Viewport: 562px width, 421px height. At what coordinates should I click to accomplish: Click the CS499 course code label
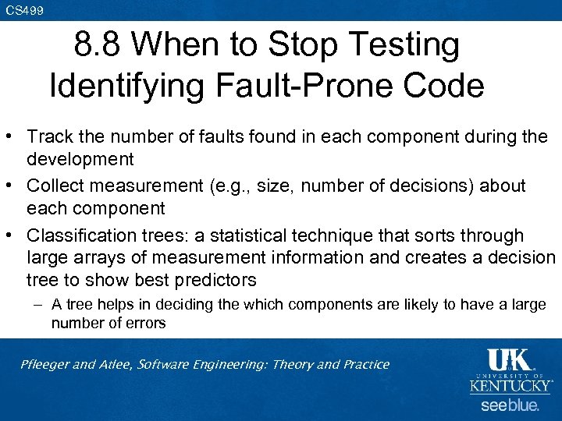[24, 9]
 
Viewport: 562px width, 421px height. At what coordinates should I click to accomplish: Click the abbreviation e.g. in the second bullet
[239, 186]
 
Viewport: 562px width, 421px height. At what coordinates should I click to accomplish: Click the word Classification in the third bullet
[76, 236]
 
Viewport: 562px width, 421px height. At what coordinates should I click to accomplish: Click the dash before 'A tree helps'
[37, 305]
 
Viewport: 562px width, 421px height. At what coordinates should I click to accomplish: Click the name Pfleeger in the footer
[47, 364]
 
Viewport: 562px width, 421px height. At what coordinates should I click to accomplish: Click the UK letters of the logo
[509, 359]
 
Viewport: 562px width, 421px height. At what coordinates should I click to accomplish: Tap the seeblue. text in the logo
[509, 405]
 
